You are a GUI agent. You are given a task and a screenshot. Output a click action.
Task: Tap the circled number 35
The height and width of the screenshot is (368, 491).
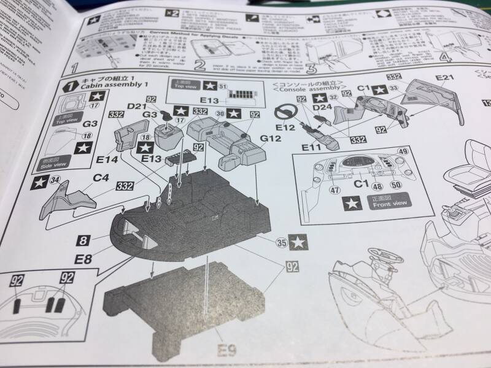click(282, 242)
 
